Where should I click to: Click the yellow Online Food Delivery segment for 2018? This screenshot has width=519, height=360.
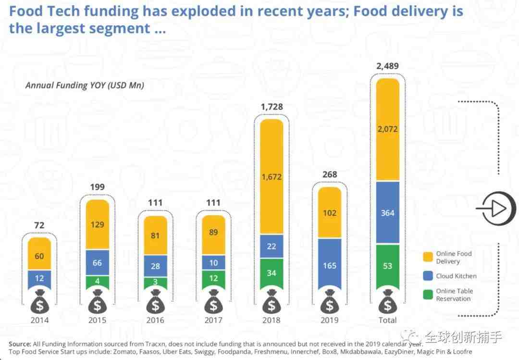[x=272, y=176]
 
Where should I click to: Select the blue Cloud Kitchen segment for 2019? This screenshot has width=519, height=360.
[x=330, y=264]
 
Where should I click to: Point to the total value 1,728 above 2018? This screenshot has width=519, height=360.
[x=272, y=107]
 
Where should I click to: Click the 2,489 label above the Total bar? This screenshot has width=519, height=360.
[x=388, y=66]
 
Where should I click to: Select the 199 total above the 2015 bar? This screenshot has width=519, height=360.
[x=97, y=187]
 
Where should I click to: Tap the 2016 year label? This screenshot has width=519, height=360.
[x=155, y=320]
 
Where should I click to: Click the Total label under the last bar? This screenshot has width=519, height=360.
[x=388, y=320]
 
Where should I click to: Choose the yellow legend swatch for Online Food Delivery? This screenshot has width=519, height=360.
[x=428, y=257]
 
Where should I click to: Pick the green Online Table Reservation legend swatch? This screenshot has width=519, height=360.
[x=428, y=295]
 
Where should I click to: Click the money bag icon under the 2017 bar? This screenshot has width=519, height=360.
[x=213, y=302]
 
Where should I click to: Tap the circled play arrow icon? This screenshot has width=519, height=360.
[x=496, y=209]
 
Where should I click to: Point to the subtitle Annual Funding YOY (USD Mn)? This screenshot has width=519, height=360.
[x=85, y=86]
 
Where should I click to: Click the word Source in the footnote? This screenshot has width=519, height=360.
[x=20, y=344]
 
